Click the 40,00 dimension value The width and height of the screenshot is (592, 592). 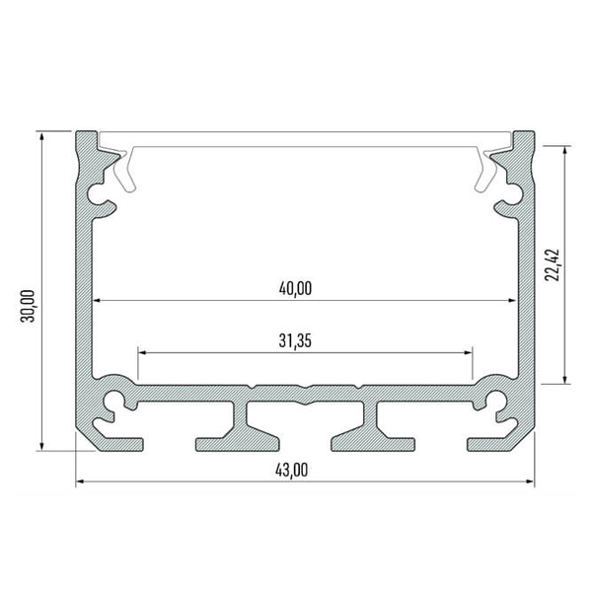click(x=295, y=288)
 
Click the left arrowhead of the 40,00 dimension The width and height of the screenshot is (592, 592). click(x=98, y=300)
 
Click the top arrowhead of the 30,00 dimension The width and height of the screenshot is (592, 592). click(x=41, y=137)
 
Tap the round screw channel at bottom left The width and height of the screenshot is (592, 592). click(x=115, y=401)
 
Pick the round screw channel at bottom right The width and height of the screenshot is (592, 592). click(x=494, y=401)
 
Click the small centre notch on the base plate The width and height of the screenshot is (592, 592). click(x=306, y=388)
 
